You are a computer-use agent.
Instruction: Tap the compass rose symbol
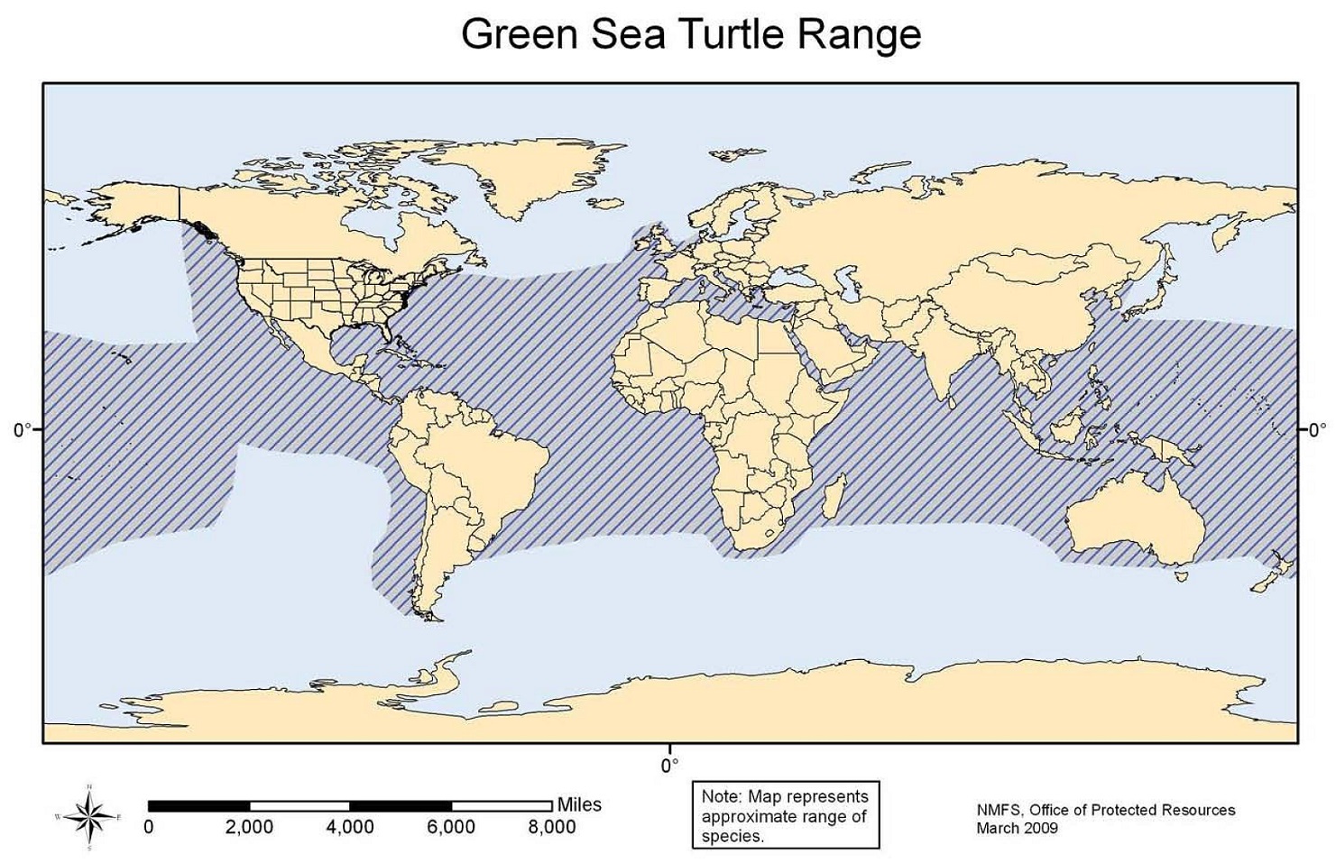click(89, 817)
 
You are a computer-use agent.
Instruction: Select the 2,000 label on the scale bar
click(249, 827)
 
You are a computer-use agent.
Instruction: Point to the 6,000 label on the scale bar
click(451, 827)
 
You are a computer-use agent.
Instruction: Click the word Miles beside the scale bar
click(579, 804)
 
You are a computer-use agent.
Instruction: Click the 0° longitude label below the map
click(669, 766)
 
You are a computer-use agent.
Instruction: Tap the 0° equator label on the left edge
click(23, 430)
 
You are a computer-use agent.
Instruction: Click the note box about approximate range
click(785, 816)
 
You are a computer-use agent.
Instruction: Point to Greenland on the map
click(532, 176)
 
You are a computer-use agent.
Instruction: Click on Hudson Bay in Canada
click(374, 216)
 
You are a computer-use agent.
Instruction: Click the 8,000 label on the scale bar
click(552, 827)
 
